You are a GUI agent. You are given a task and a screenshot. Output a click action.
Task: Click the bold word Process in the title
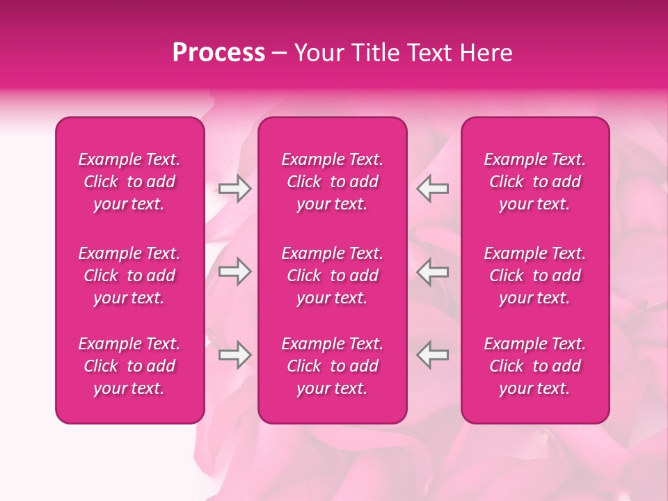tap(218, 54)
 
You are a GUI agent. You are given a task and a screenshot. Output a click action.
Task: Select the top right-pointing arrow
tap(234, 189)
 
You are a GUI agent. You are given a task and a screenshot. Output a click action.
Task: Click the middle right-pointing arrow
tap(234, 271)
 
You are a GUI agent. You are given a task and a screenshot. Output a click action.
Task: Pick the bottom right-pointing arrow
tap(234, 355)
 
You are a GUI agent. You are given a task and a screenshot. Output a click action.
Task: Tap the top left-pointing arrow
tap(433, 189)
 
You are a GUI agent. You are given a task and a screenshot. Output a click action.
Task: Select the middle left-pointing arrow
tap(433, 271)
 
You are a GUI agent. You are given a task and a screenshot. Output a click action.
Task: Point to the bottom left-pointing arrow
tap(433, 355)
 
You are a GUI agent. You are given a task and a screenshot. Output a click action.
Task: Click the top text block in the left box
tap(129, 182)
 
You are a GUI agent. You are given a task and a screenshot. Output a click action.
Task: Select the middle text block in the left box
tap(129, 276)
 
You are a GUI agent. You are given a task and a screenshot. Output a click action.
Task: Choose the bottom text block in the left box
tap(129, 366)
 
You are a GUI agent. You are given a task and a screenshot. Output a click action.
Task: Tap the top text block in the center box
tap(333, 182)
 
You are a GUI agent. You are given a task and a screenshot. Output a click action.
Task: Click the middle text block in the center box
tap(333, 276)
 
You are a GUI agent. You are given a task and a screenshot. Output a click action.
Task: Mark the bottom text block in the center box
tap(333, 366)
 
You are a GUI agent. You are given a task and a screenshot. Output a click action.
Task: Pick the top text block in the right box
tap(535, 182)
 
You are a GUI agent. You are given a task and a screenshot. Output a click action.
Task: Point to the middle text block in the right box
tap(535, 276)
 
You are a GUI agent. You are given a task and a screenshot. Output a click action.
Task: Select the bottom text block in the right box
tap(535, 366)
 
